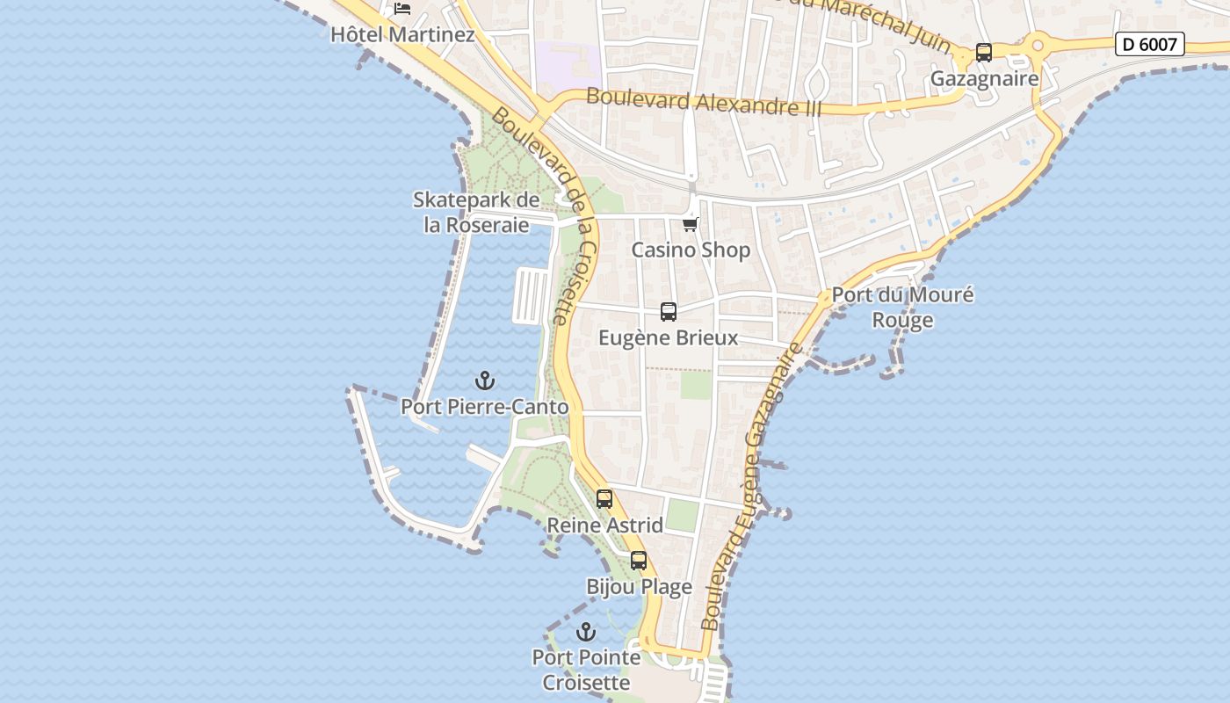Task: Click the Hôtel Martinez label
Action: (402, 35)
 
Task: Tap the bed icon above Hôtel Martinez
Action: (402, 9)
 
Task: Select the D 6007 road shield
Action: (1149, 44)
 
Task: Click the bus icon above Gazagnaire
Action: (984, 53)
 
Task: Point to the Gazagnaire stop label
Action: (984, 79)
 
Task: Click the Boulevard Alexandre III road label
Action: (703, 102)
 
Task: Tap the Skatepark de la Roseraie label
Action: (476, 213)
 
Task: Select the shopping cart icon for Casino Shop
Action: (691, 224)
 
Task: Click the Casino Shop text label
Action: (691, 250)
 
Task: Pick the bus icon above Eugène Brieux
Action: (669, 312)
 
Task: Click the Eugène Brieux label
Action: (669, 338)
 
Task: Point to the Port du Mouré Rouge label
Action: (902, 308)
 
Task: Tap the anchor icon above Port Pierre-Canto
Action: (485, 380)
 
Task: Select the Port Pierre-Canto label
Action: (485, 408)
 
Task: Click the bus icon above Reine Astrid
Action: (604, 499)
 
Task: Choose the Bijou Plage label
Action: (639, 587)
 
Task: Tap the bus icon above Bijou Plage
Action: (639, 561)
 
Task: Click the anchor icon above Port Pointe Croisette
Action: (586, 632)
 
